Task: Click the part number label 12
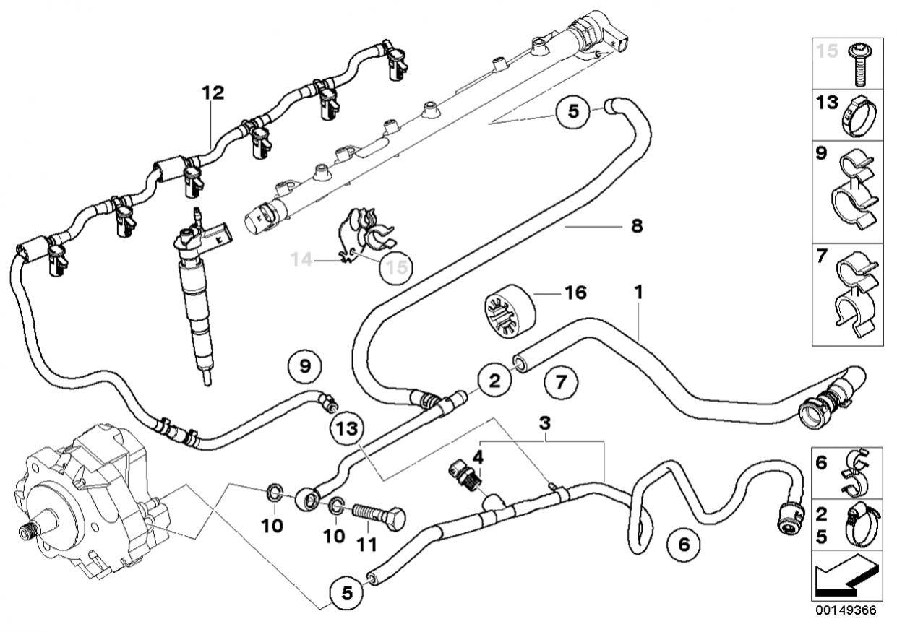(213, 92)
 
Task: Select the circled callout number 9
(305, 367)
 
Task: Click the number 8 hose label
(636, 226)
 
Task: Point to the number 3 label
(545, 422)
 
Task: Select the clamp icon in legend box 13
(859, 116)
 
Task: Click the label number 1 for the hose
(638, 293)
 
